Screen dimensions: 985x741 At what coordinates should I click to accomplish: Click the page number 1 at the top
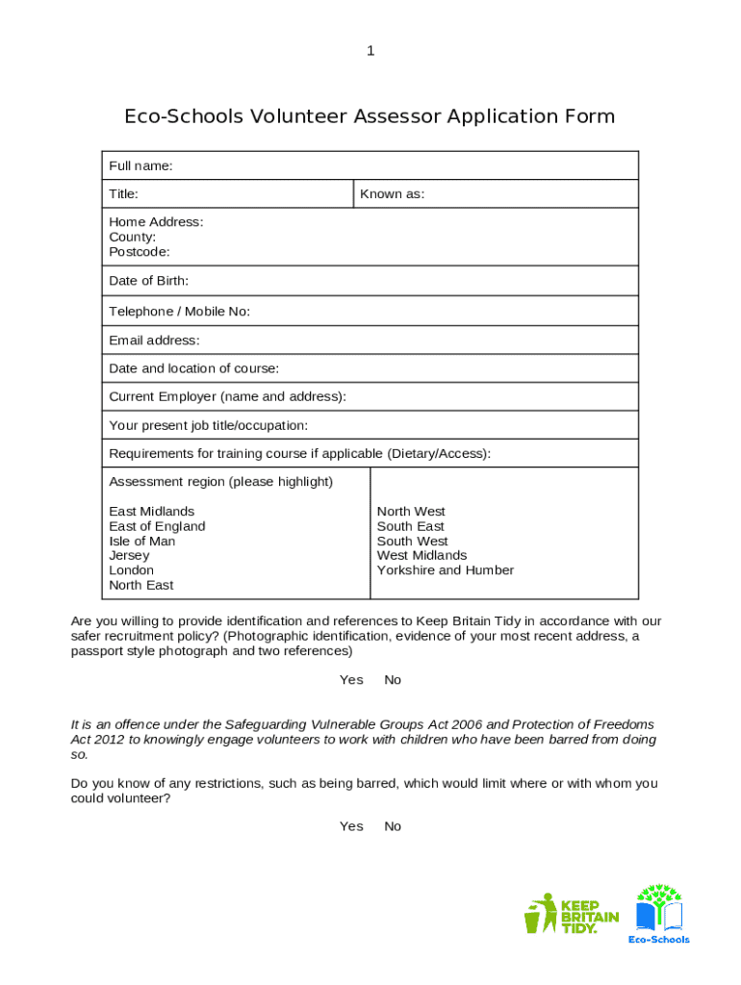click(x=370, y=51)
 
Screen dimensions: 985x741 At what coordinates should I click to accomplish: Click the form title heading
click(x=370, y=116)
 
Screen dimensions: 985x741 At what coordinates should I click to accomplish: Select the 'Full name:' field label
click(x=141, y=166)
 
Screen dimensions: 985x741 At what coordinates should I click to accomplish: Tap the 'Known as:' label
click(x=392, y=194)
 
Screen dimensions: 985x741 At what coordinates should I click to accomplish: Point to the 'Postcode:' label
click(x=139, y=252)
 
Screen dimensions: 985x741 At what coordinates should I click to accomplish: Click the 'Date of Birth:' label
click(x=148, y=281)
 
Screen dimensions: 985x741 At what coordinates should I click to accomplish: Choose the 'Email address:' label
click(x=154, y=341)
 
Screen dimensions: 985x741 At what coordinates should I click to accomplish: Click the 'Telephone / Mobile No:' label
click(x=179, y=312)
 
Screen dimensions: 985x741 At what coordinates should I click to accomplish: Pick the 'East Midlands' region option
click(x=151, y=512)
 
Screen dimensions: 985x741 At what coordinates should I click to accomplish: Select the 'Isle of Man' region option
click(x=142, y=542)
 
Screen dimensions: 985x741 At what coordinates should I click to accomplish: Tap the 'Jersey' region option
click(x=129, y=556)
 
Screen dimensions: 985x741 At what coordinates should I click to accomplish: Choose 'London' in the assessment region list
click(x=131, y=570)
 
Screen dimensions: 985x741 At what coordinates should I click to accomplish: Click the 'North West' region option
click(x=411, y=512)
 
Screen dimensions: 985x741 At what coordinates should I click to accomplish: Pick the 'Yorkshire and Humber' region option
click(x=445, y=570)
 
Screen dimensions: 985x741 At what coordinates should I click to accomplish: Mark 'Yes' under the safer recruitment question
click(x=351, y=680)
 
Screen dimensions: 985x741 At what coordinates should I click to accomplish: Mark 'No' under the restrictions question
click(x=393, y=826)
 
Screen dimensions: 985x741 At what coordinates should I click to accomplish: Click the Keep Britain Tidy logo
click(x=572, y=914)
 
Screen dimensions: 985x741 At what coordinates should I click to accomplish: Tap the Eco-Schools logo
click(x=659, y=914)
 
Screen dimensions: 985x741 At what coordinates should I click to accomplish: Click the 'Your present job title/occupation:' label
click(x=208, y=425)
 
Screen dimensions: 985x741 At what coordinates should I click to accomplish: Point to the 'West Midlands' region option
click(x=422, y=556)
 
